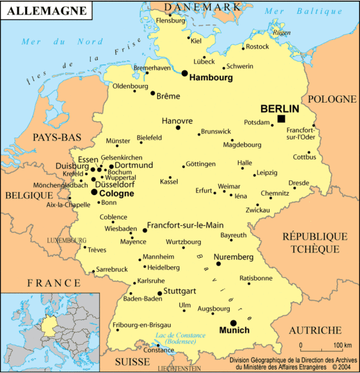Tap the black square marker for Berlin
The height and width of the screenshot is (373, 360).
(x=281, y=118)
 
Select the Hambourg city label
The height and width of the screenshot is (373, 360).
(x=211, y=78)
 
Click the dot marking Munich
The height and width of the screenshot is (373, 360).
(x=233, y=323)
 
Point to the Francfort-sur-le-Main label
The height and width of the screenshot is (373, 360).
(x=185, y=225)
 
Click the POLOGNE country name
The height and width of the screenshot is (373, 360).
(x=332, y=99)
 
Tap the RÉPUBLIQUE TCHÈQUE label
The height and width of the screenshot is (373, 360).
(x=315, y=242)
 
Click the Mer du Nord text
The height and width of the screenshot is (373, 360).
(x=62, y=42)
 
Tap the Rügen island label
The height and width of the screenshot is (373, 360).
(x=281, y=33)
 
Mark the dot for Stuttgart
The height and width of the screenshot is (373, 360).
(x=159, y=293)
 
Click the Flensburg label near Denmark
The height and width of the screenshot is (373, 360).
(x=170, y=20)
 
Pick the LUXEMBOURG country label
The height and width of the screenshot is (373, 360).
(x=66, y=240)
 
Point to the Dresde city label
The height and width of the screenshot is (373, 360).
(x=298, y=183)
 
